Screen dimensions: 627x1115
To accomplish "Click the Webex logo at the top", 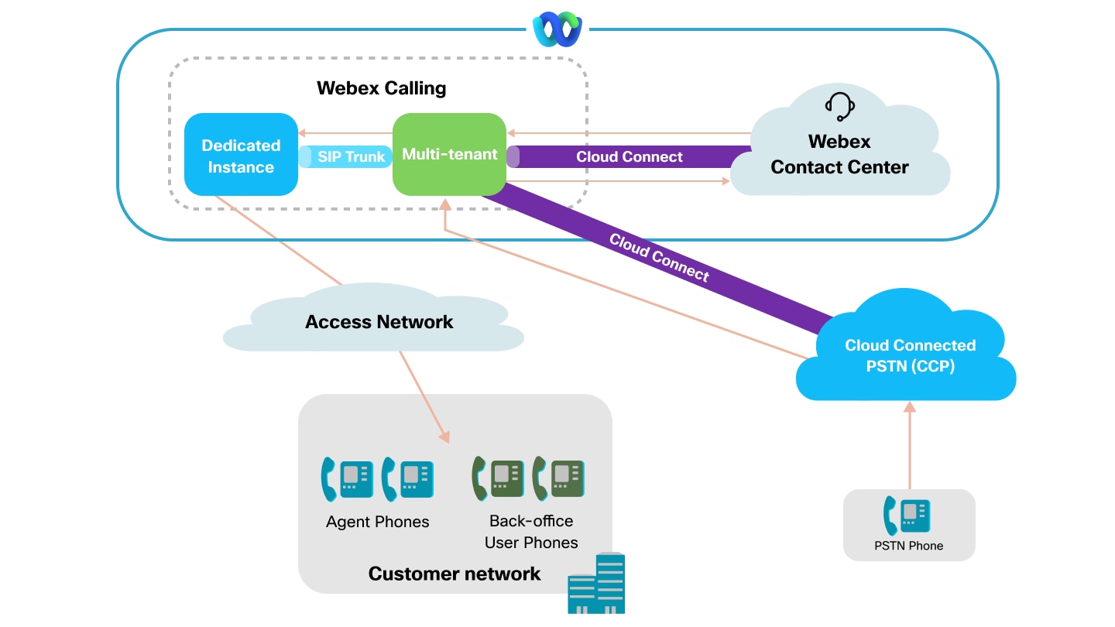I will (x=557, y=30).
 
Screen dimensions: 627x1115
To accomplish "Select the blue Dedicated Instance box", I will (x=241, y=155).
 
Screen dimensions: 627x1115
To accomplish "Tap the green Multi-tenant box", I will (x=449, y=155).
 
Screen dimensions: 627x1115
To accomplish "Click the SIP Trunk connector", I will (x=346, y=156).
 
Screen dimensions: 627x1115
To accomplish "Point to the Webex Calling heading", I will (x=381, y=88).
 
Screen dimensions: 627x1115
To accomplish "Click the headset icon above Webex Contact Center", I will (x=839, y=107).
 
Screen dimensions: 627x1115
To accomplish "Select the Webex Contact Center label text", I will (x=839, y=155).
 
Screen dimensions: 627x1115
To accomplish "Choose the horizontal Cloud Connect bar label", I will (x=629, y=157).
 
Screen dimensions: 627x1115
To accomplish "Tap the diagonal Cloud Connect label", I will (x=659, y=256).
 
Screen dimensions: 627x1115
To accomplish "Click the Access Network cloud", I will (x=378, y=322).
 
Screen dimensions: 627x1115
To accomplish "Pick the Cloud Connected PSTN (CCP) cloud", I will (x=909, y=355).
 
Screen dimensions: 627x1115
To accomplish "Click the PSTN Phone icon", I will (x=907, y=515).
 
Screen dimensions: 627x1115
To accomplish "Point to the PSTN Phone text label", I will (x=909, y=546).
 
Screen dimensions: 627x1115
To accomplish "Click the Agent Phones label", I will (x=377, y=522).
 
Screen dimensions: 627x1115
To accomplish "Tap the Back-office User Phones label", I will (x=531, y=532).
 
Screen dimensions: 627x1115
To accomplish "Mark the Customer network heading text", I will (x=454, y=574).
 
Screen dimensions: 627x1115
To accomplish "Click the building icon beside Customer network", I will (x=596, y=584).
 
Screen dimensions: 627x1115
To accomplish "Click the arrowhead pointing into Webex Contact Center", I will (x=726, y=181).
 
